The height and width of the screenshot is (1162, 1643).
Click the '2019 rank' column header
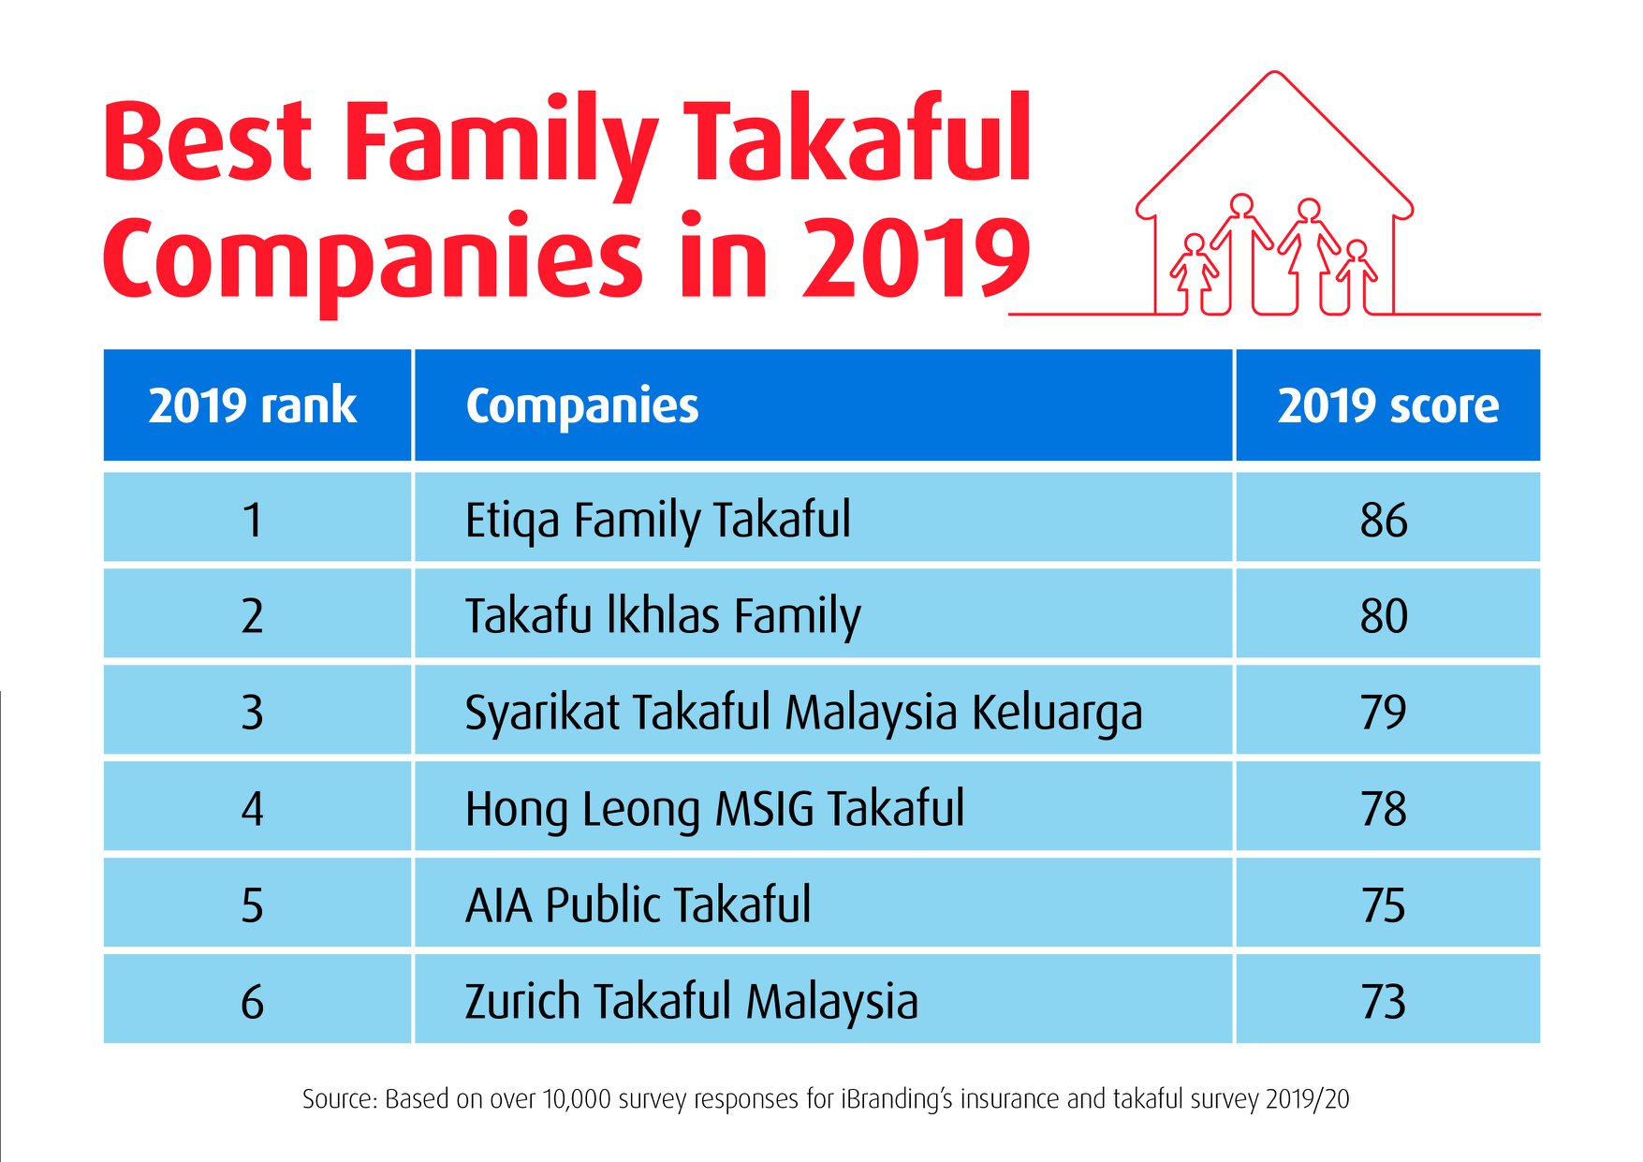coord(252,405)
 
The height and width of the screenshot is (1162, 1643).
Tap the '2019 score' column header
coord(1387,405)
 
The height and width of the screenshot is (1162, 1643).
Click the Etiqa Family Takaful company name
coord(658,521)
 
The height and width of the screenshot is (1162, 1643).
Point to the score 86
coord(1384,521)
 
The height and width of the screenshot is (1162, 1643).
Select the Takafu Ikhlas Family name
coord(663,617)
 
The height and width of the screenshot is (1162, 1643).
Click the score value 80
coord(1384,616)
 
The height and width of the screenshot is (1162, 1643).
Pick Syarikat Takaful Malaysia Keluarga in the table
coord(803,713)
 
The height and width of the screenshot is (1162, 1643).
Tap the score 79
coord(1384,713)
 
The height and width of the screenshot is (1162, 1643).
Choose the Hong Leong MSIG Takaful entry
coord(714,810)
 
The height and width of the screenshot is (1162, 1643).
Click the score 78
coord(1384,809)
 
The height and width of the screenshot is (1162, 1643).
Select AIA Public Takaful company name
coord(638,905)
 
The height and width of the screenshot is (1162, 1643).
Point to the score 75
coord(1384,905)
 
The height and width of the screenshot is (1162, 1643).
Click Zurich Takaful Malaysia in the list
coord(691,1002)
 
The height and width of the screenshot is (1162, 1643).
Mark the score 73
coord(1384,1002)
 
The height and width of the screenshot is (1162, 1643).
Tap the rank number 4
coord(252,809)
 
